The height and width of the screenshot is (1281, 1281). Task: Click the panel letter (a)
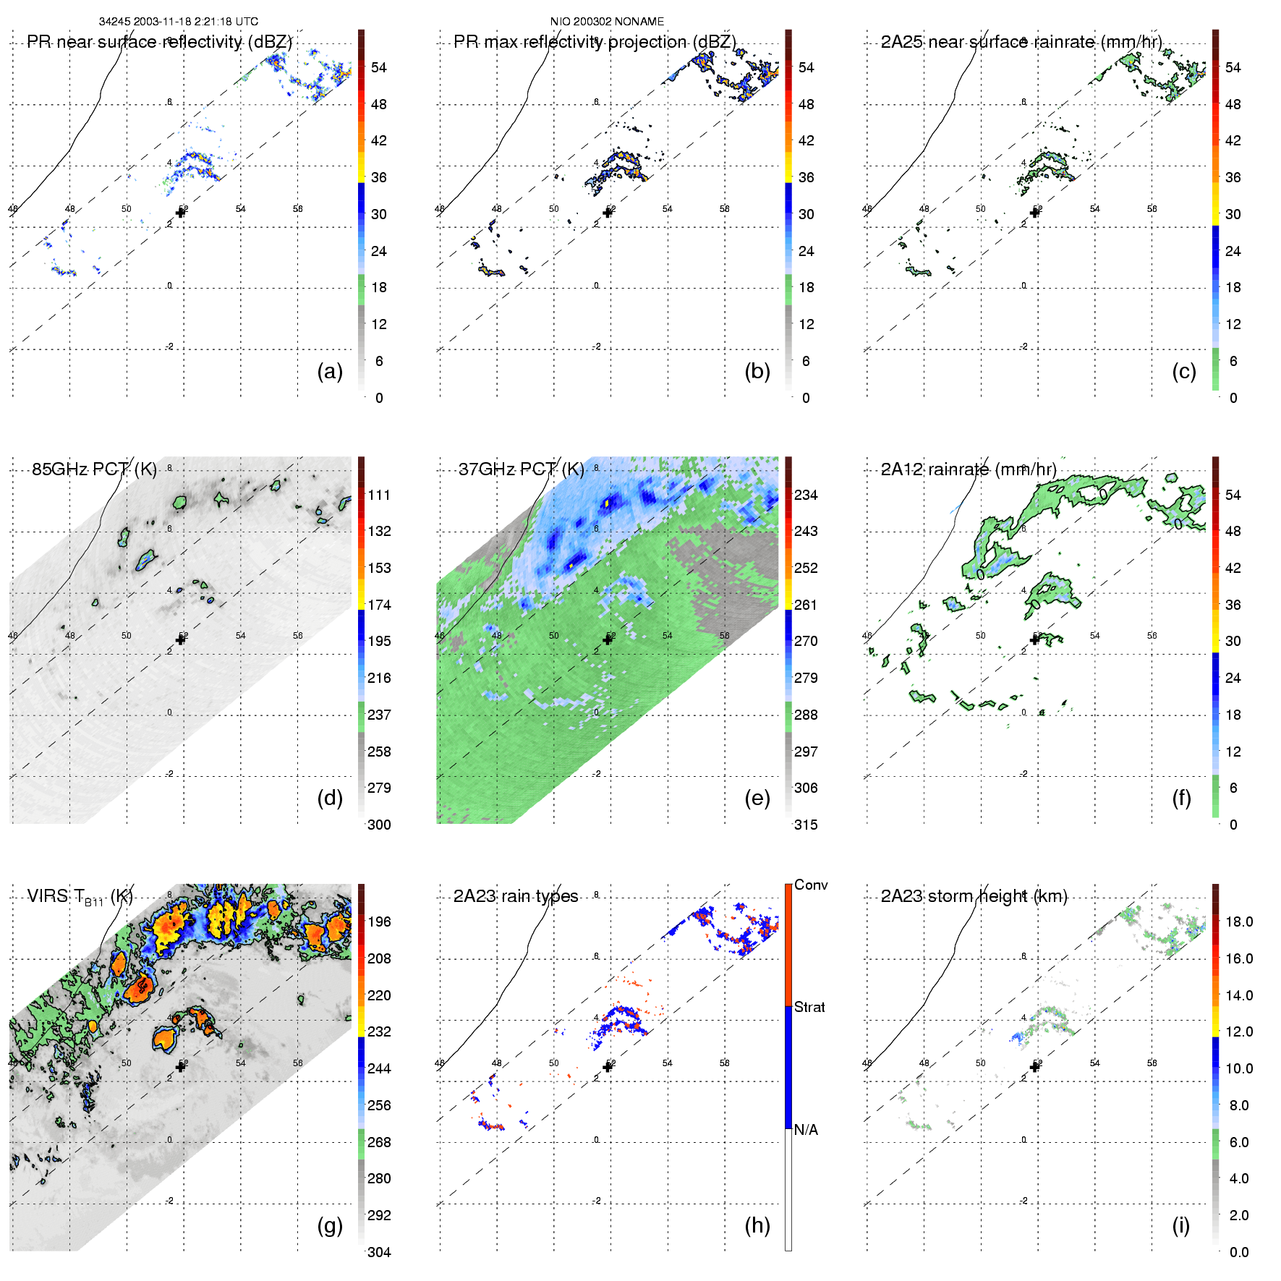(x=330, y=372)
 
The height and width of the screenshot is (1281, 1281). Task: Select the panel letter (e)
(x=757, y=799)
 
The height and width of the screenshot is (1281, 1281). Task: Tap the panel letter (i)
(x=1180, y=1225)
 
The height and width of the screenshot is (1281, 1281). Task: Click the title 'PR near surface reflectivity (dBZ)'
(x=159, y=42)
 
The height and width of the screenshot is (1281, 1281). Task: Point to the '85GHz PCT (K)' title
(x=94, y=469)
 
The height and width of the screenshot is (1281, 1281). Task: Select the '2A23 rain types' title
(x=516, y=896)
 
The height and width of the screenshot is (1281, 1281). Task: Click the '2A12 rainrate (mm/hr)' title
(x=969, y=469)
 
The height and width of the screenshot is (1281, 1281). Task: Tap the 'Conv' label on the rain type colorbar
(x=811, y=885)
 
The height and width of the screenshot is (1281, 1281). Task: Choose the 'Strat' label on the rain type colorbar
(x=809, y=1008)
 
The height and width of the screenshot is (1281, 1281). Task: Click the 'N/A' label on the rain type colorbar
(x=806, y=1130)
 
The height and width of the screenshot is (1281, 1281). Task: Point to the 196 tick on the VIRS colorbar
(x=379, y=922)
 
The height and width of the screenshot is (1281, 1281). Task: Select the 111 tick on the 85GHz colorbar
(x=379, y=495)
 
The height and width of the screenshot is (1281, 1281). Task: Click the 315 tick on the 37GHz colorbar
(x=806, y=825)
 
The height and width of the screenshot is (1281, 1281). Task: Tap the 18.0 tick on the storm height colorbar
(x=1239, y=922)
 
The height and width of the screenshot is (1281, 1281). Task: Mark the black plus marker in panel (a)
(x=181, y=213)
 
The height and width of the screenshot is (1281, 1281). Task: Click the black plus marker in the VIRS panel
(x=181, y=1067)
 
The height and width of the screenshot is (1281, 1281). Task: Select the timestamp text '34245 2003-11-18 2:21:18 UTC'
(x=179, y=22)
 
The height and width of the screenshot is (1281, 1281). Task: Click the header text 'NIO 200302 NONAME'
(x=607, y=22)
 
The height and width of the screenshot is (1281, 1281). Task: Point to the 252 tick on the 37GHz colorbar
(x=806, y=569)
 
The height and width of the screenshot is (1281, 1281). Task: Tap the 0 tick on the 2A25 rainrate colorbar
(x=1233, y=399)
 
